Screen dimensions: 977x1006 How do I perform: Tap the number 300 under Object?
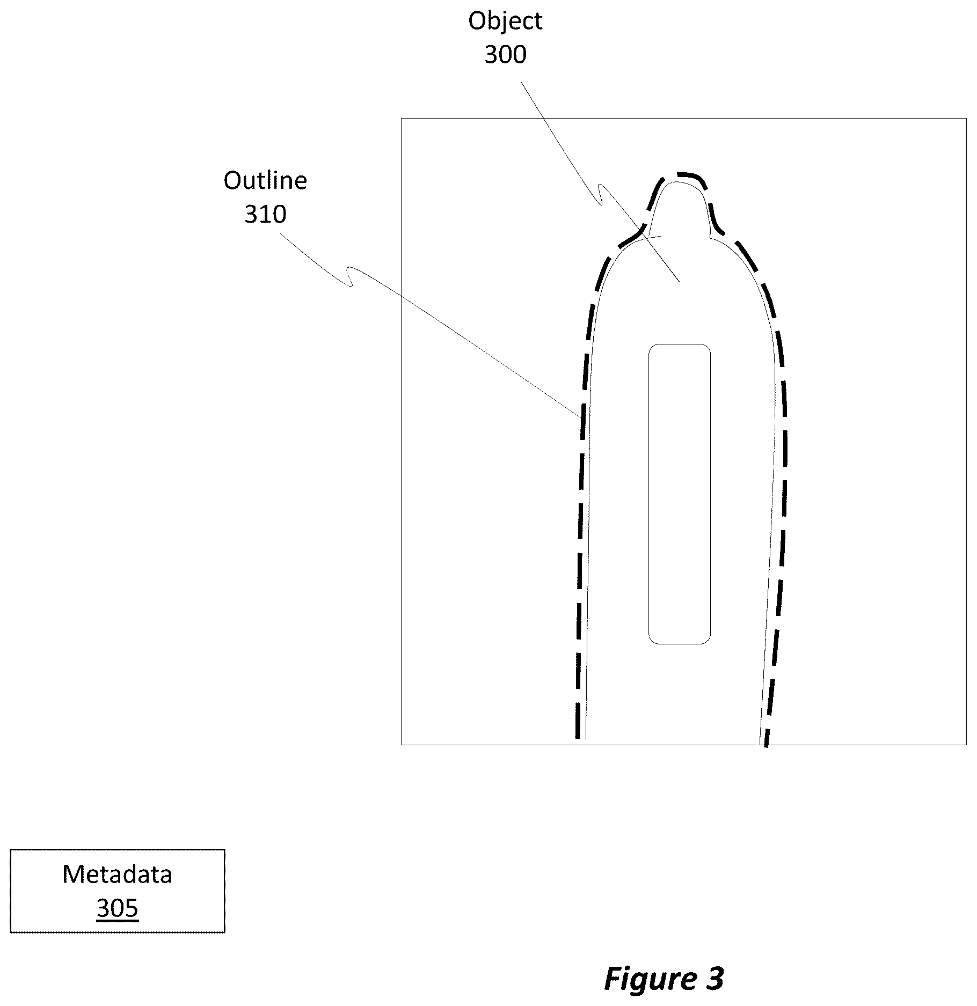pos(505,55)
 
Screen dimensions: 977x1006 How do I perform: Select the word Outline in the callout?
pos(265,181)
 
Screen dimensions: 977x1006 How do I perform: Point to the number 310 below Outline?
pos(265,215)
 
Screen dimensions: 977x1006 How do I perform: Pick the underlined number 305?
pos(117,908)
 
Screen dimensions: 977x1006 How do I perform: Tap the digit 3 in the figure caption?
pos(715,978)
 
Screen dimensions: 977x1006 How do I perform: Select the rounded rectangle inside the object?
pos(680,494)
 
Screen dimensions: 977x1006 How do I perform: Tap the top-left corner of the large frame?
pos(402,119)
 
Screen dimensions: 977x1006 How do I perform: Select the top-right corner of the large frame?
pos(966,119)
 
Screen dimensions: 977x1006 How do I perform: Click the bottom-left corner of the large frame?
pos(402,744)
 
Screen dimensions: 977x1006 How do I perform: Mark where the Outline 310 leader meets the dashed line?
pos(580,416)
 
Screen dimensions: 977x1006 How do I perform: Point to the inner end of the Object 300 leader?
pos(680,281)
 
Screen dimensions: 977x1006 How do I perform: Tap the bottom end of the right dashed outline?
pos(766,746)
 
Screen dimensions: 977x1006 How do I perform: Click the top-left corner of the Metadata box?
pos(11,849)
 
